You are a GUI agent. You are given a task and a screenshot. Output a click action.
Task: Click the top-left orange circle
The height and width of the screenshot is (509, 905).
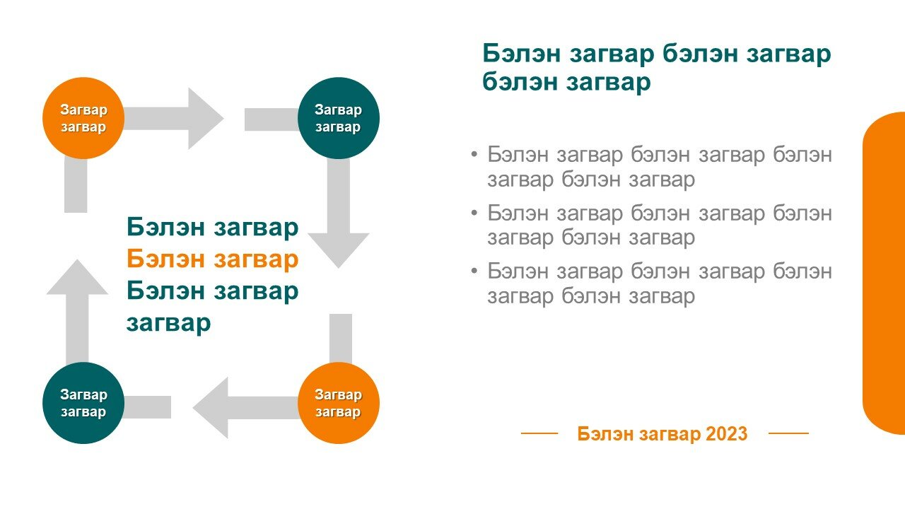click(x=83, y=118)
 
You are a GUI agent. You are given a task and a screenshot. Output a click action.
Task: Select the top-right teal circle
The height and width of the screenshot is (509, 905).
click(x=339, y=118)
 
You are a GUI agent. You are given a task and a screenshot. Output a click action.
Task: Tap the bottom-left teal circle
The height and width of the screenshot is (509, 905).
click(x=83, y=403)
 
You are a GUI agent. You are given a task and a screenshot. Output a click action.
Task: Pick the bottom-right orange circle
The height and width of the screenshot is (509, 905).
click(x=339, y=403)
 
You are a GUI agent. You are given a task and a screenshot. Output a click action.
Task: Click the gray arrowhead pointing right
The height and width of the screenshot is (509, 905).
click(x=205, y=118)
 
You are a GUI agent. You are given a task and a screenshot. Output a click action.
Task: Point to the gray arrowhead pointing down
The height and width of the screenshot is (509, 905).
click(x=339, y=248)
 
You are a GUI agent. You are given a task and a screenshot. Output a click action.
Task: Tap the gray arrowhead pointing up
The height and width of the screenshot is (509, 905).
click(x=77, y=279)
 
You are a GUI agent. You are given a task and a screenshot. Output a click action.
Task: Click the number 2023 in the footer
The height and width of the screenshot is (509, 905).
click(x=726, y=433)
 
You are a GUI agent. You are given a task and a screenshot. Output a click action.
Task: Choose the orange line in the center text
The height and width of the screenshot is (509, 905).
click(x=213, y=259)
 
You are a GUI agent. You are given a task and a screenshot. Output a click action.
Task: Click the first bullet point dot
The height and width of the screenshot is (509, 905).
click(x=474, y=154)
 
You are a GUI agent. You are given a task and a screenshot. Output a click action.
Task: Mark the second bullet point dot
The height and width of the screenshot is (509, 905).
click(x=474, y=212)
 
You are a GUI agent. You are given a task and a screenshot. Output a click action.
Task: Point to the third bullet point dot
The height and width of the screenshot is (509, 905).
click(x=474, y=270)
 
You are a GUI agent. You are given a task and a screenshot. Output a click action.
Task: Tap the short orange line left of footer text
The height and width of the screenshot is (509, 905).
click(x=539, y=433)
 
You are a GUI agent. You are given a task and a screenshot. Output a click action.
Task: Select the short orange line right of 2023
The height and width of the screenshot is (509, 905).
click(x=788, y=433)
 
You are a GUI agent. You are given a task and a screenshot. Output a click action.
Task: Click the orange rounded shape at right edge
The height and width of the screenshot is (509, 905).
click(x=884, y=273)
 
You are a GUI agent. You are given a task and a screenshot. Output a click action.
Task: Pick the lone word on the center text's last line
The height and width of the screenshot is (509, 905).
click(x=168, y=323)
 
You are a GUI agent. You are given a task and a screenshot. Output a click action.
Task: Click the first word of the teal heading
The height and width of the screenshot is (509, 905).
click(x=521, y=53)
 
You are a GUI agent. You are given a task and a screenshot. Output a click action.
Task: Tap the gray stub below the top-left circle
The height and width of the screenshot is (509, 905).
click(x=76, y=185)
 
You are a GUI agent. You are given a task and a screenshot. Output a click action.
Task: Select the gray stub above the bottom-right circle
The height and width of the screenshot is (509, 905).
click(x=341, y=339)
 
